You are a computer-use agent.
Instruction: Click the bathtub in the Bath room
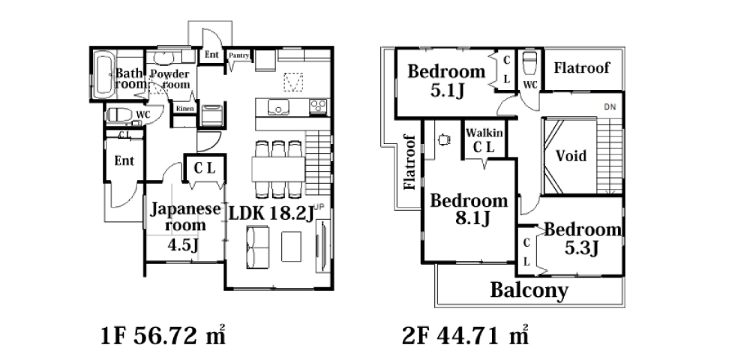point(103,75)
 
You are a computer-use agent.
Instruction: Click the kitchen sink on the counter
point(277,107)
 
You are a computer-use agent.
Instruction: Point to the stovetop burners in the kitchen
point(319,106)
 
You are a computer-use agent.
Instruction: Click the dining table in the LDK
point(278,169)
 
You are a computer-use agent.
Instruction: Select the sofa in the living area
point(257,247)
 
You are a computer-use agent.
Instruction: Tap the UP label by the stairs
point(319,206)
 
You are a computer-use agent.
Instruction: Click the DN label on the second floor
point(610,107)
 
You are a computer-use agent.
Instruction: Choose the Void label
point(571,155)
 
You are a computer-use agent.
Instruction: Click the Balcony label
point(529,289)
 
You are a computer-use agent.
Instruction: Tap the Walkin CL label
point(484,140)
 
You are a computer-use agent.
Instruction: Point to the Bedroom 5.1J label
point(447,80)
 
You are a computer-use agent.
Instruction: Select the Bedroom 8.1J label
point(469,209)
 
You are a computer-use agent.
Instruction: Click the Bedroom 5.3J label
point(583,238)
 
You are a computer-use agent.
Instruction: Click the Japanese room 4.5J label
point(185,225)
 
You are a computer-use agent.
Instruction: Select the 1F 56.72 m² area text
point(163,335)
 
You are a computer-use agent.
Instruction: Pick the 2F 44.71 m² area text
point(465,335)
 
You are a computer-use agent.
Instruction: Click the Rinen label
point(184,109)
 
